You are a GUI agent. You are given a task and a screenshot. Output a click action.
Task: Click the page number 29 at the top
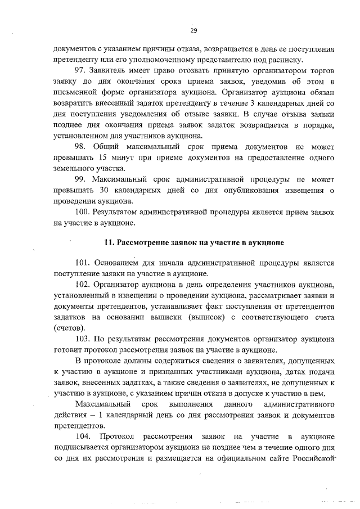pyautogui.click(x=194, y=30)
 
